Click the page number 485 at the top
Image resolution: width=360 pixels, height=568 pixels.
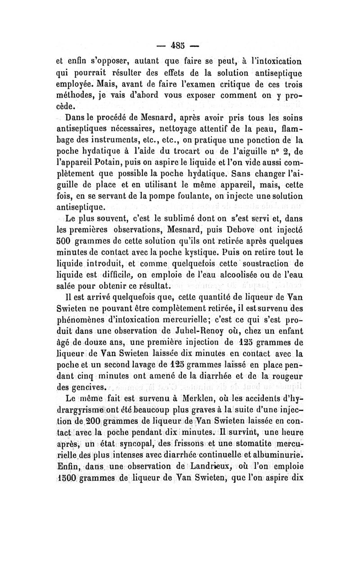tap(180, 46)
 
